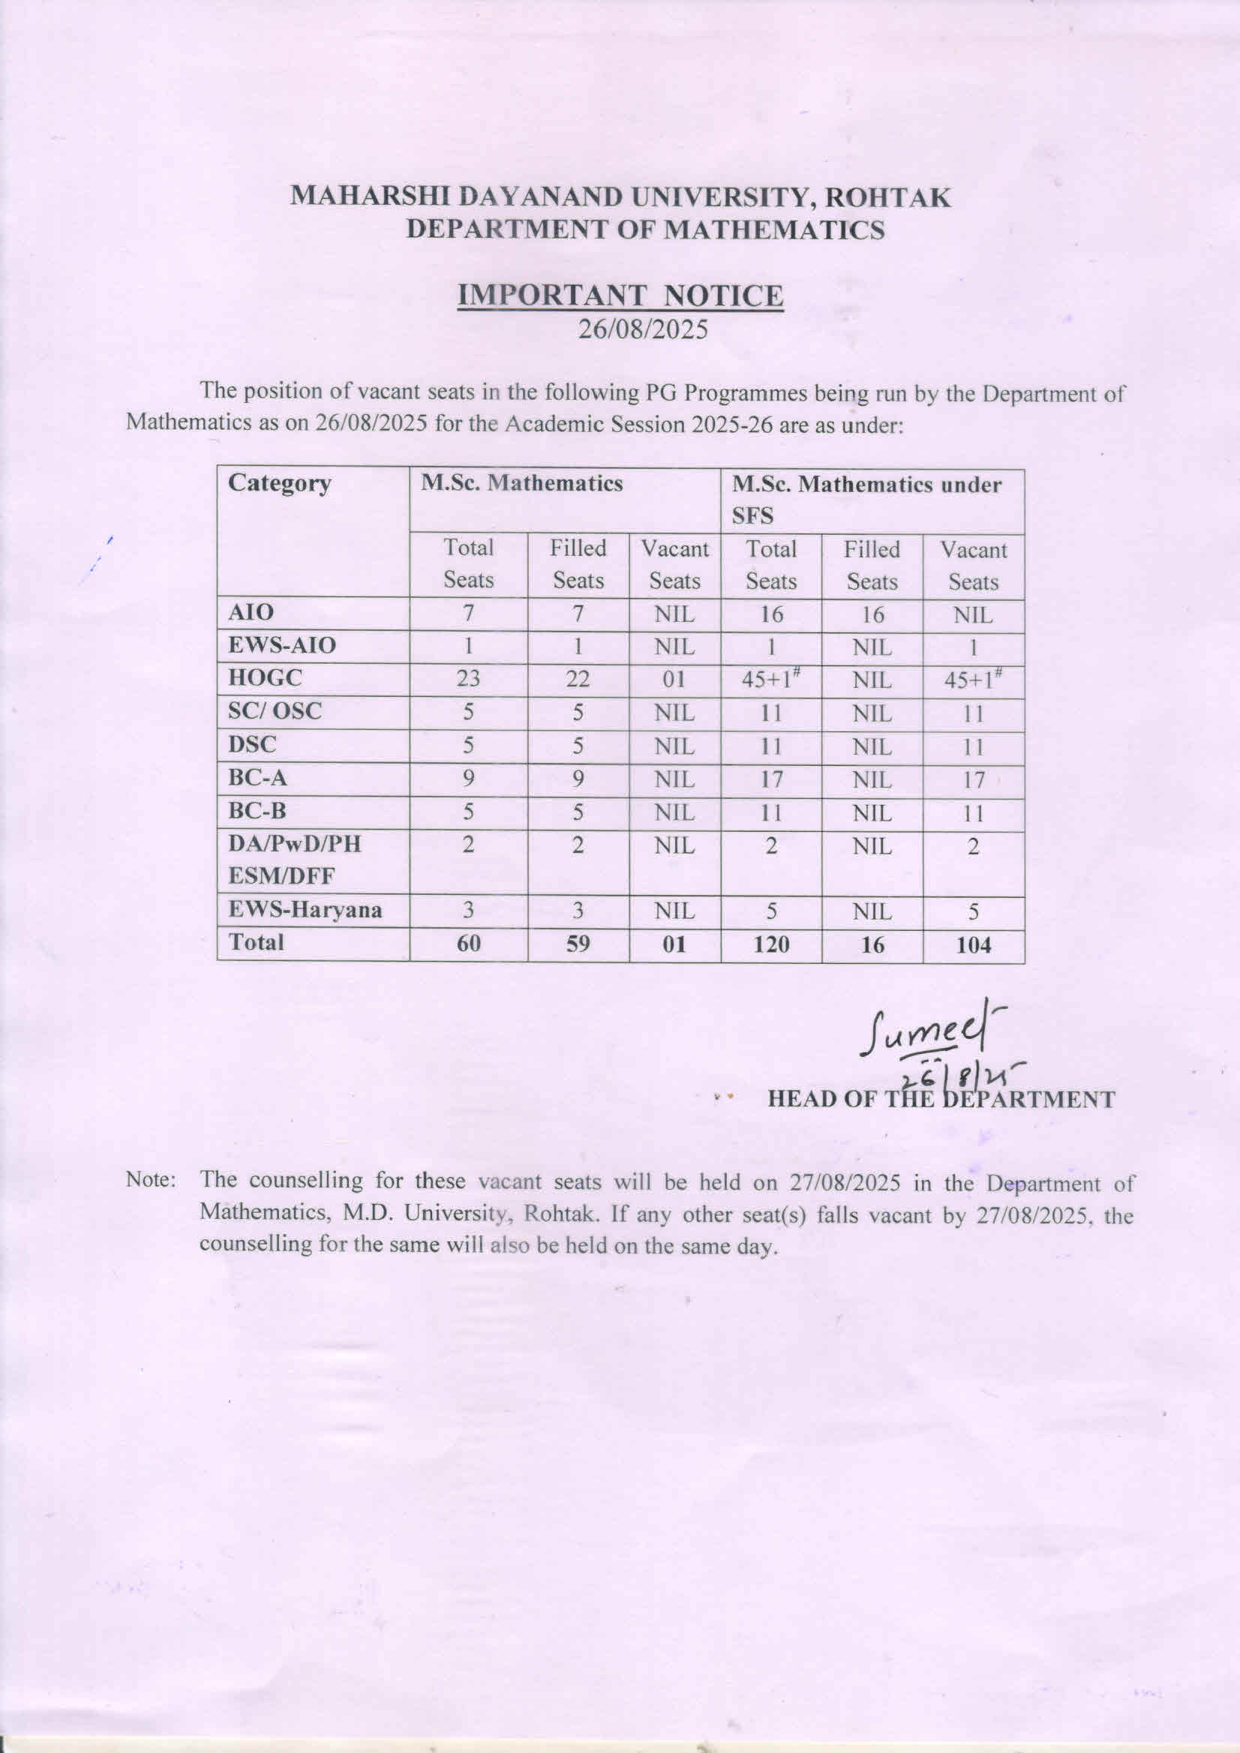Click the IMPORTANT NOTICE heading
tap(620, 296)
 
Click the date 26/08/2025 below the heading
tap(643, 329)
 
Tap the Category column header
tap(280, 483)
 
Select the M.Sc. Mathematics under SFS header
tap(866, 500)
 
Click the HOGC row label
tap(265, 677)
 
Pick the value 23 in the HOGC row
tap(468, 678)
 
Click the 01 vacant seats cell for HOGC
tap(674, 679)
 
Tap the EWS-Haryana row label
tap(305, 910)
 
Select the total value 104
tap(974, 945)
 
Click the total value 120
tap(770, 944)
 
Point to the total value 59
tap(578, 944)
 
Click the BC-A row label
tap(257, 778)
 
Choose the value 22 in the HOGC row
tap(578, 679)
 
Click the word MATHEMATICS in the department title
tap(773, 230)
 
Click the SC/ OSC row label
tap(275, 712)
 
